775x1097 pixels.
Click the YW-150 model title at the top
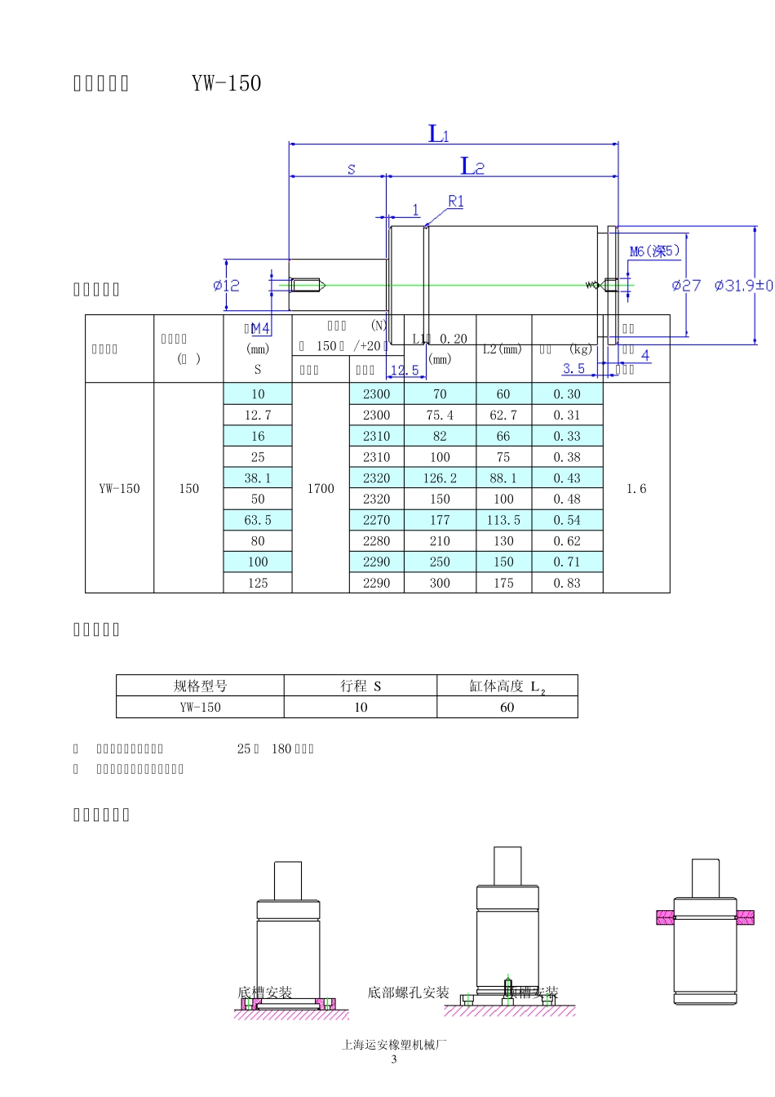click(226, 83)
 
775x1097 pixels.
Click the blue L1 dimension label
click(439, 134)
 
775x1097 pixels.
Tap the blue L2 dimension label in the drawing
click(472, 167)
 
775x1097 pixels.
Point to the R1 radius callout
click(456, 202)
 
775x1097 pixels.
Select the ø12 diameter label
click(226, 285)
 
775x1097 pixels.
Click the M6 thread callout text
click(654, 251)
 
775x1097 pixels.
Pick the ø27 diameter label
click(685, 285)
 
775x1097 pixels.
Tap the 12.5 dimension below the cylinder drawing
click(405, 371)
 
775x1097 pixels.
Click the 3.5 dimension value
click(573, 369)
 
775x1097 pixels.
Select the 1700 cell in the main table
click(321, 488)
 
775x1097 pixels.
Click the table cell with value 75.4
click(440, 415)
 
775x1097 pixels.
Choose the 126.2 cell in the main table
click(440, 478)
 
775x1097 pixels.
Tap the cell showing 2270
click(376, 520)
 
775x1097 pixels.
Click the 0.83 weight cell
click(567, 583)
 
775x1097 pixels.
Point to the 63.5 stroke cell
click(258, 520)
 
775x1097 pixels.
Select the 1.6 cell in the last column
click(636, 488)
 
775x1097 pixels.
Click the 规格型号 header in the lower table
click(200, 686)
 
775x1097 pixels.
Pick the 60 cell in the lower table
click(507, 707)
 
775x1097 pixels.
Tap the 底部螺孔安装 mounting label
click(408, 993)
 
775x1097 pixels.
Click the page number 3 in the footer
click(394, 1059)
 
